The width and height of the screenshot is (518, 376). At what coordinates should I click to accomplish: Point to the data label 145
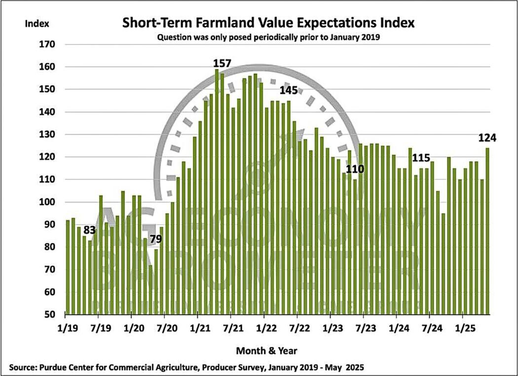pyautogui.click(x=289, y=91)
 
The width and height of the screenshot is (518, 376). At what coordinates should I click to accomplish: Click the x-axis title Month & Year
pyautogui.click(x=267, y=350)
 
